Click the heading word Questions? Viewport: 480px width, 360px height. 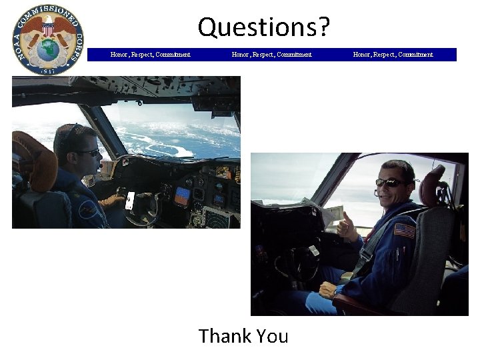263,27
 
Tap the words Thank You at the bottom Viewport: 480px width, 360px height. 243,336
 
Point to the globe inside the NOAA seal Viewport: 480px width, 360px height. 48,50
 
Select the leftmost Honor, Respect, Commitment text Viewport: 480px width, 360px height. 150,55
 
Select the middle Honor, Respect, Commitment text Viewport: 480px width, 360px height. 271,55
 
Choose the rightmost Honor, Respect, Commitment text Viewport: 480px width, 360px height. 393,55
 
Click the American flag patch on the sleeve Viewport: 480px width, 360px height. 404,231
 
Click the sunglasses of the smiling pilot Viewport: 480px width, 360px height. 389,182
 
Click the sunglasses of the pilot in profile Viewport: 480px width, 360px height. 88,153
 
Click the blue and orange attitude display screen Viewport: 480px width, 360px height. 181,195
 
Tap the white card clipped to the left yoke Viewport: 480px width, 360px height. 130,200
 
